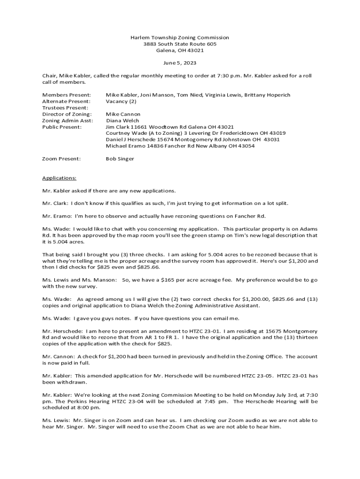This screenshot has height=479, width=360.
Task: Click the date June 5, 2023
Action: click(180, 63)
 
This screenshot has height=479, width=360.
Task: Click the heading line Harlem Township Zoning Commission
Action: click(180, 37)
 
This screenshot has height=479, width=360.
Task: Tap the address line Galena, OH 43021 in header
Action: click(180, 51)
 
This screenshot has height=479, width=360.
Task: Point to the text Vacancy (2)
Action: click(121, 102)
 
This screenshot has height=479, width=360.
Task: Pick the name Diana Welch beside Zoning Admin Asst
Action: click(122, 121)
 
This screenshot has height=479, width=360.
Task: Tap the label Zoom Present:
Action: click(61, 159)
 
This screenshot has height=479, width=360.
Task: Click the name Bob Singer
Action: click(120, 159)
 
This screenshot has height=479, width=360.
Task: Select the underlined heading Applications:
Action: click(59, 178)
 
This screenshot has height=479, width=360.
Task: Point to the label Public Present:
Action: click(62, 127)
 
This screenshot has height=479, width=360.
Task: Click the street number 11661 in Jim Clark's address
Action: click(140, 127)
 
